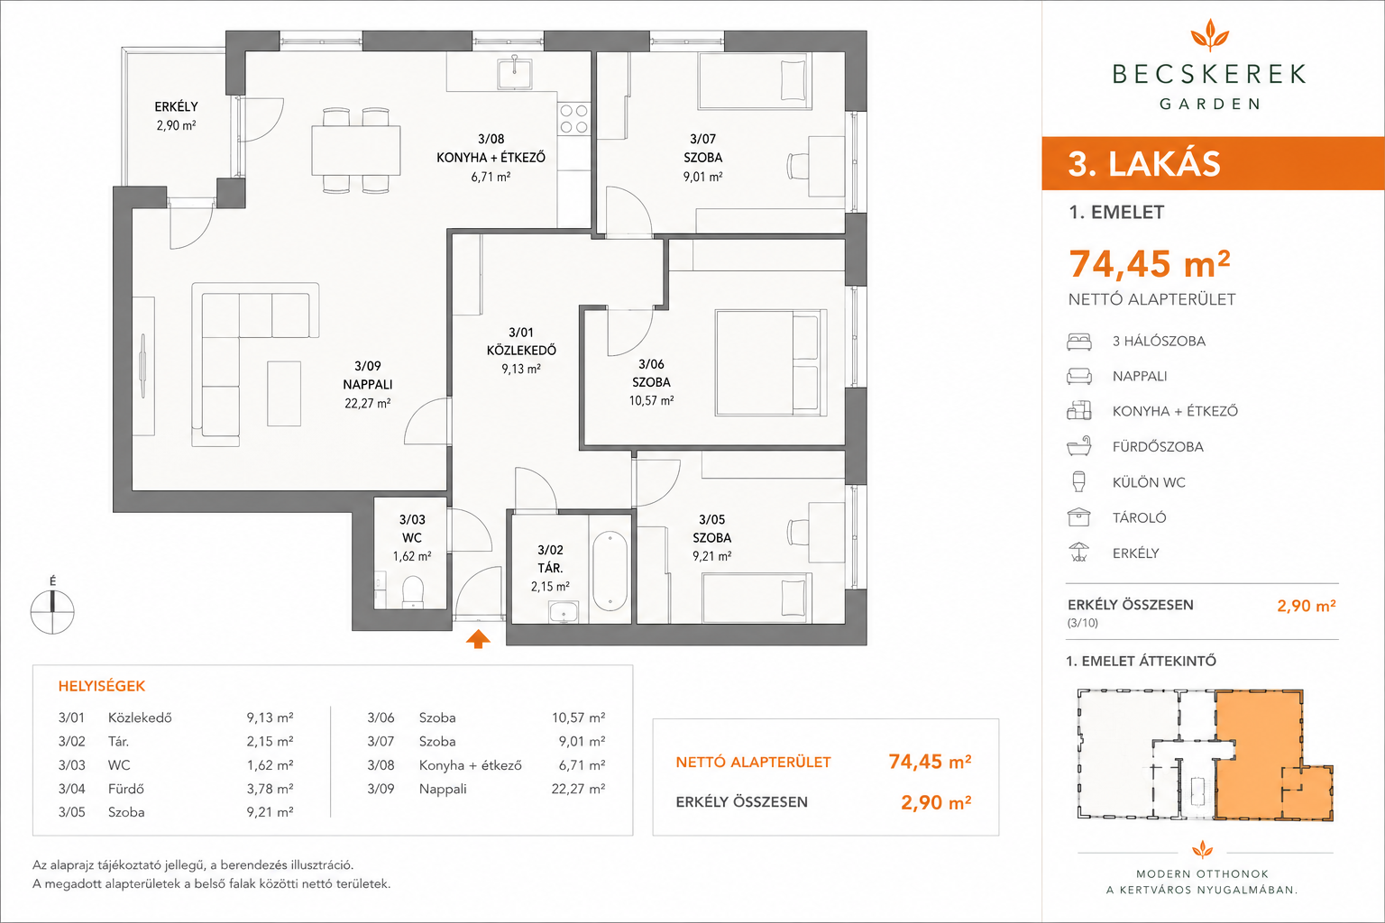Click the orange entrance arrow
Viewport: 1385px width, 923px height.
(x=478, y=639)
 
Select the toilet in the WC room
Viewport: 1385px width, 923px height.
(x=412, y=591)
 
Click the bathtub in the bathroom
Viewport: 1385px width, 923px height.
(x=610, y=571)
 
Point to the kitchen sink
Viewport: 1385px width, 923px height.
(x=515, y=73)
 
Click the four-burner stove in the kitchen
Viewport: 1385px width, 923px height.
(x=573, y=119)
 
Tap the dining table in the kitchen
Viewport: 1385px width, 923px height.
(x=356, y=151)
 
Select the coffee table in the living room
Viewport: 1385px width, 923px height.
(x=284, y=394)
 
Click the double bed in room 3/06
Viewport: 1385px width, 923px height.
(x=771, y=363)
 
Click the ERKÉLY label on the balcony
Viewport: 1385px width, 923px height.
(x=176, y=107)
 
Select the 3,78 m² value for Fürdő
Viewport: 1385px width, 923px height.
(x=271, y=788)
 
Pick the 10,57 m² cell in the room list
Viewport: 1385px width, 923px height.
(x=578, y=717)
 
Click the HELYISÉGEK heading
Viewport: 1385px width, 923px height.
(x=101, y=686)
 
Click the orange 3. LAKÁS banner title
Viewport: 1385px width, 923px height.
(x=1144, y=164)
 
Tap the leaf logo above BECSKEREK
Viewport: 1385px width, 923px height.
(x=1209, y=34)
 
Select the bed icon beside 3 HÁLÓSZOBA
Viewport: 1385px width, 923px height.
(x=1079, y=342)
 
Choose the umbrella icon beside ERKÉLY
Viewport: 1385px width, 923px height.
(x=1079, y=552)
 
